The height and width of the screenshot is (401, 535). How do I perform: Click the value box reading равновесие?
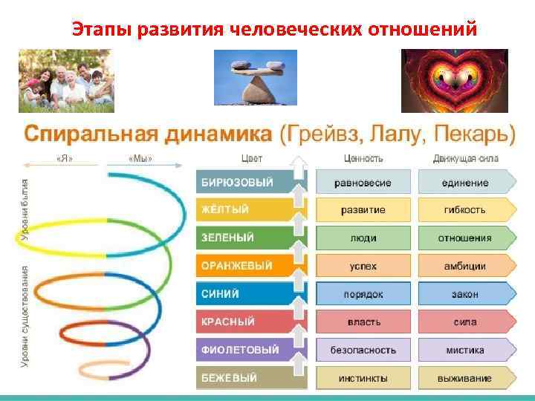click(363, 183)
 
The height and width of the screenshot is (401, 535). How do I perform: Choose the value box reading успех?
click(363, 266)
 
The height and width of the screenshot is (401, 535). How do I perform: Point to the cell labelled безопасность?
click(363, 350)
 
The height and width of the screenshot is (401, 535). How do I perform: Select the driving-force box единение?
click(466, 183)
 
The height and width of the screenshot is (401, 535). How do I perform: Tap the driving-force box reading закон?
click(466, 294)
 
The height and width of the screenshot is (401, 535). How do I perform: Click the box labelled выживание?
click(466, 378)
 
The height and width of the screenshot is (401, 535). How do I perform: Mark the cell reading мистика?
click(466, 350)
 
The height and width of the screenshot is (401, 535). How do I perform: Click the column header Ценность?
click(363, 158)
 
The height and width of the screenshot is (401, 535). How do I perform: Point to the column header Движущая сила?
click(466, 158)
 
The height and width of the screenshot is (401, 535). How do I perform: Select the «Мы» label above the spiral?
click(140, 159)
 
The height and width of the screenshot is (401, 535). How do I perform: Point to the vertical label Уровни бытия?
click(25, 211)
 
